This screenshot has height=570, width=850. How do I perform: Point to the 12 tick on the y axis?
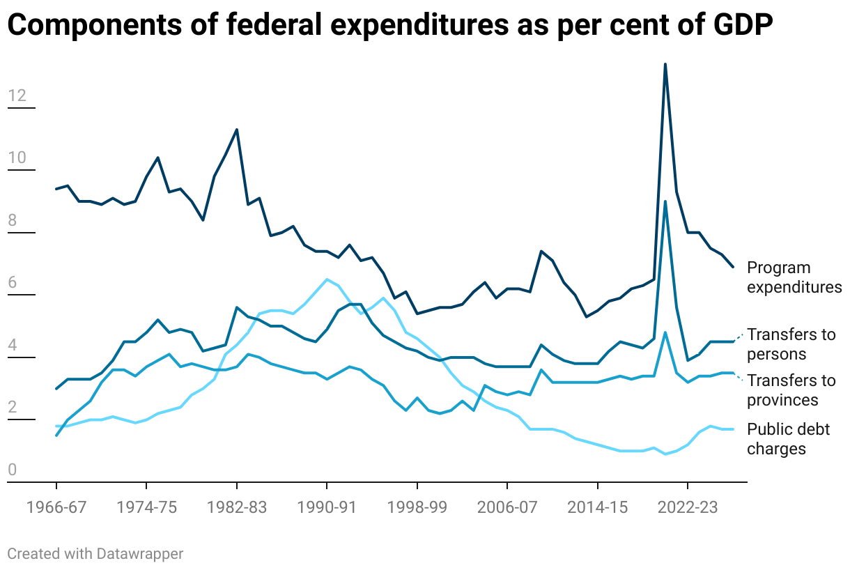17,95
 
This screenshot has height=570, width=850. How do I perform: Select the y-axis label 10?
17,158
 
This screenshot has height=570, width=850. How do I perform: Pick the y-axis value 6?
12,284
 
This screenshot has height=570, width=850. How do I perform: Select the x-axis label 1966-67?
56,508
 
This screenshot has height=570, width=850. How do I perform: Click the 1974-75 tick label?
146,508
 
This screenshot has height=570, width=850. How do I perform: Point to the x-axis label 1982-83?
237,508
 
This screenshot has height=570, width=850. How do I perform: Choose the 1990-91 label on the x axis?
327,508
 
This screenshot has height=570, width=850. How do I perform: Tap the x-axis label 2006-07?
507,508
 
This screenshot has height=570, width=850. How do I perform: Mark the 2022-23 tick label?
688,508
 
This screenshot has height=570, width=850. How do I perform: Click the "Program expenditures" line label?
794,277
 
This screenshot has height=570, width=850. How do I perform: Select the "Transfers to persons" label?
791,344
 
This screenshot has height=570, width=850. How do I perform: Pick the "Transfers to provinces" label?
791,390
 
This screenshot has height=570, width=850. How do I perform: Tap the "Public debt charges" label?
788,439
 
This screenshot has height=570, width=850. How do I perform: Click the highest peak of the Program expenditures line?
665,64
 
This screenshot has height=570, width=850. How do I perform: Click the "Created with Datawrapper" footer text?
95,554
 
